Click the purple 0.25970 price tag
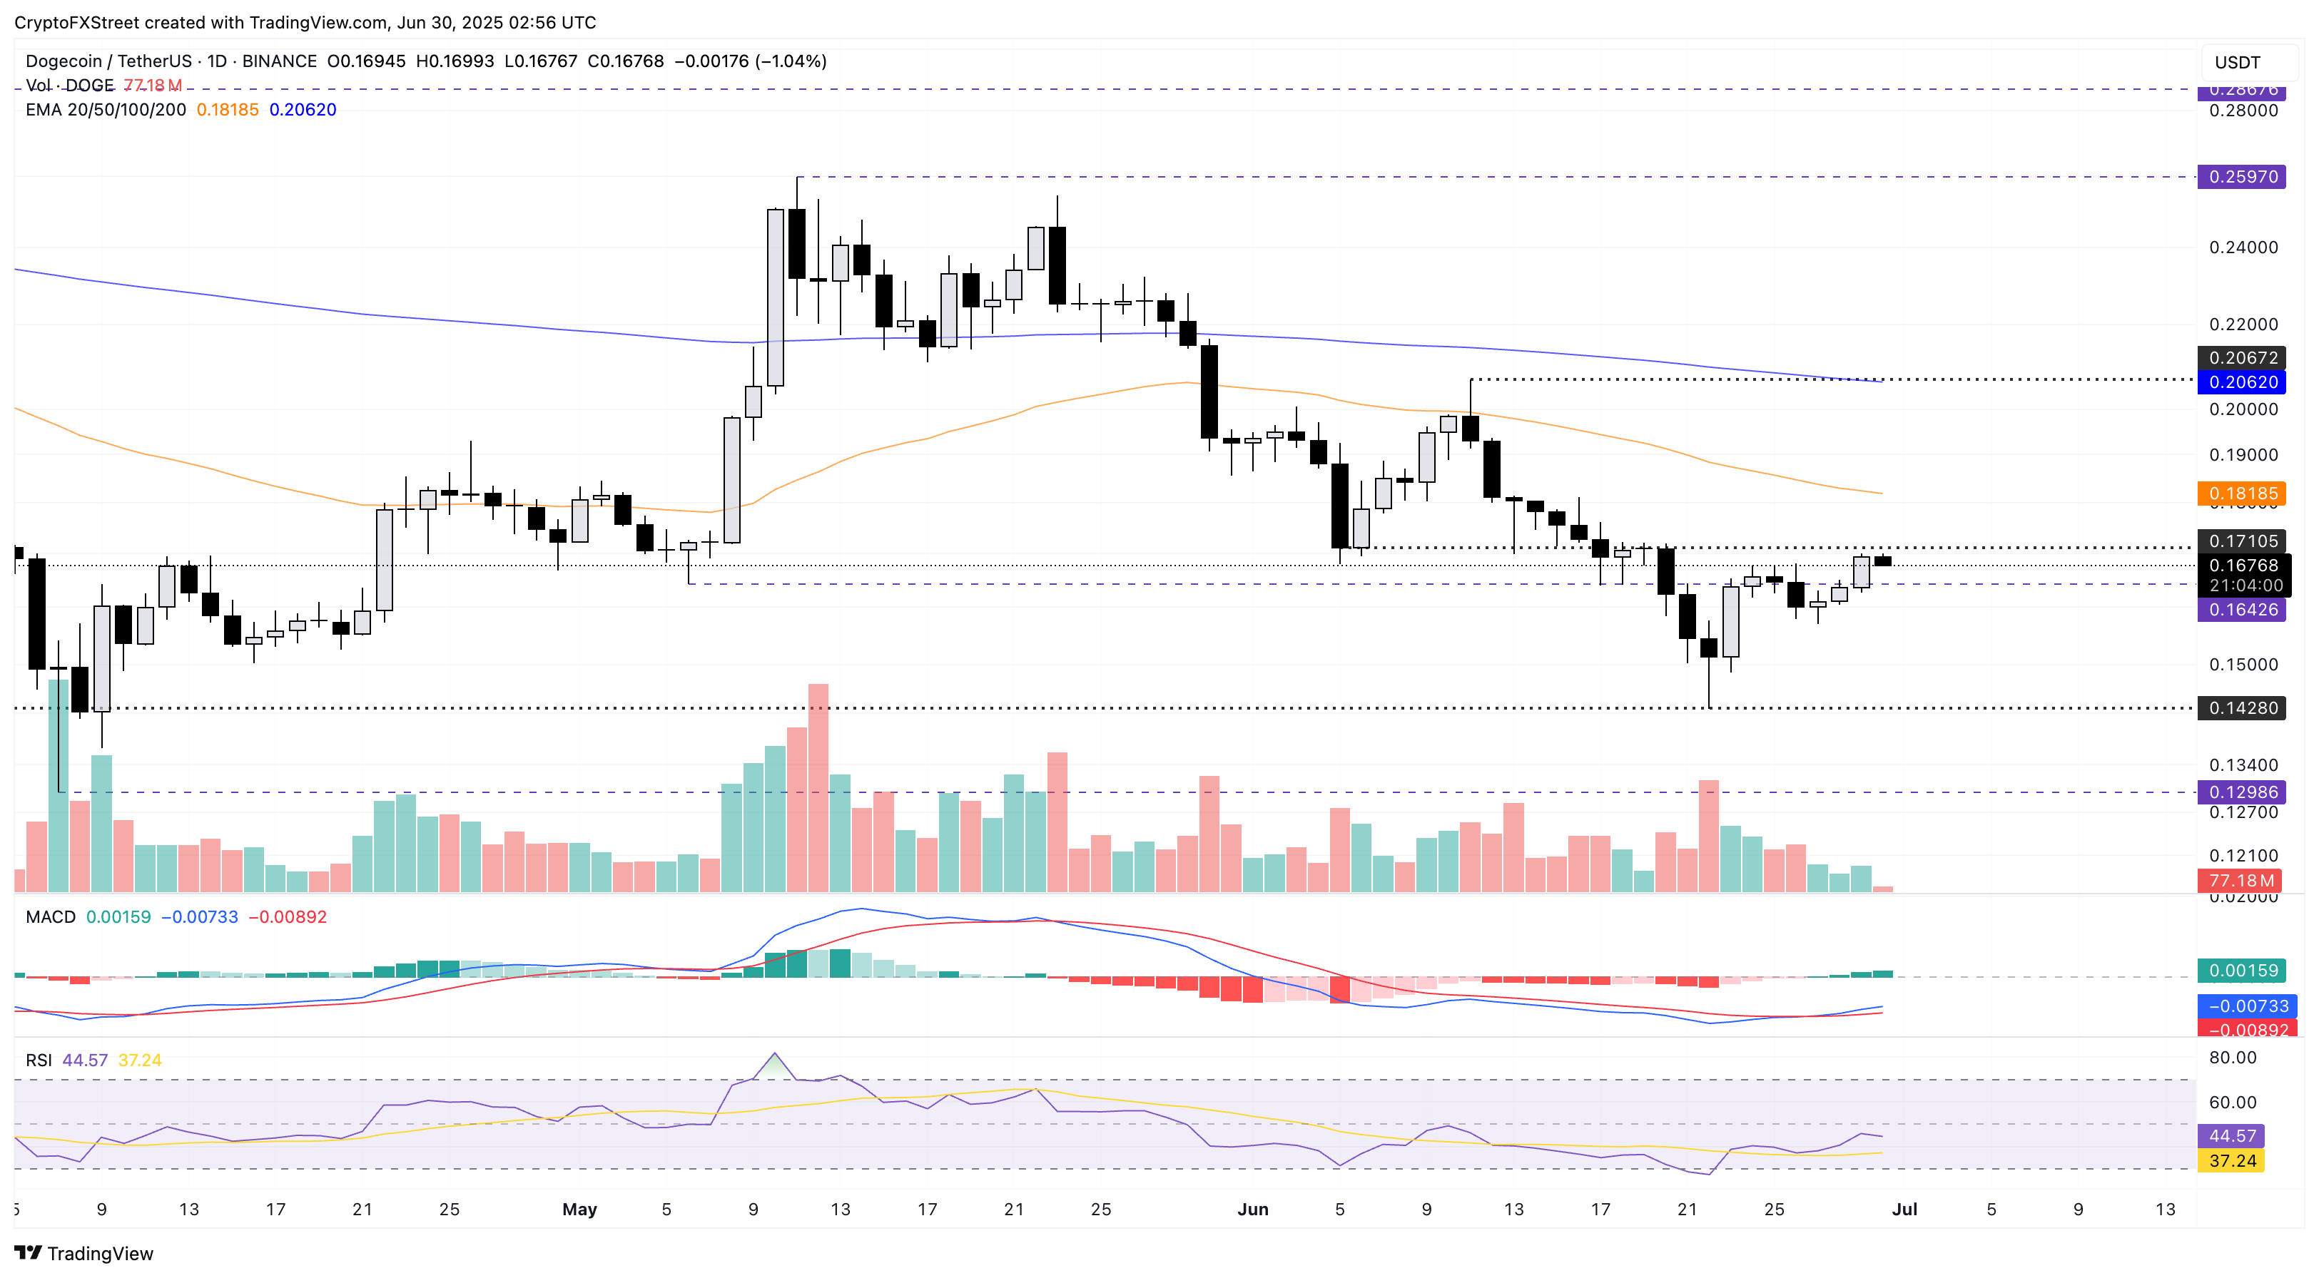tap(2243, 176)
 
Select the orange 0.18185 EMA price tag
tap(2243, 494)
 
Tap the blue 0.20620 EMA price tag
tap(2243, 382)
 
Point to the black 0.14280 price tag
tap(2243, 708)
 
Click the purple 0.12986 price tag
tap(2243, 792)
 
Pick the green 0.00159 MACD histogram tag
tap(2243, 970)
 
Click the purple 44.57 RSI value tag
tap(2232, 1136)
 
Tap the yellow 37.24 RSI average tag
tap(2232, 1161)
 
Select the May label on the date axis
tap(579, 1210)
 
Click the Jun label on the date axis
tap(1252, 1210)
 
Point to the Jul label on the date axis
tap(1904, 1210)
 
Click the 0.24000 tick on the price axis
tap(2243, 247)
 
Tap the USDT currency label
tap(2237, 62)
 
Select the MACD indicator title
tap(51, 917)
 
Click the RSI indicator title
tap(39, 1060)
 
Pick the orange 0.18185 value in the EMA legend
tap(227, 110)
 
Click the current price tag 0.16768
tap(2243, 566)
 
